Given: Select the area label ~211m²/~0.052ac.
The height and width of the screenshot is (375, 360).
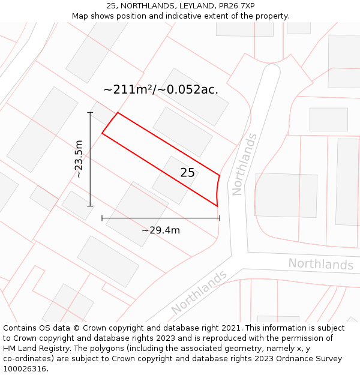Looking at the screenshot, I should point(161,90).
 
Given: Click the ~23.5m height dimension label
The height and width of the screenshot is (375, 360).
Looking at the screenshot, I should point(79,159).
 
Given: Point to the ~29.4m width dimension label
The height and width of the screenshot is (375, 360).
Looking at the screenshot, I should point(161,230).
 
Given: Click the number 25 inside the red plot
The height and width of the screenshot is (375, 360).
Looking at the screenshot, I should point(187,173).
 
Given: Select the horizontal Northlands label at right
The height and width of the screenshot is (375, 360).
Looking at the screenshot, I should point(320,264).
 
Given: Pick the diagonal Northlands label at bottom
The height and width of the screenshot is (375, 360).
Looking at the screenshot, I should point(199,292).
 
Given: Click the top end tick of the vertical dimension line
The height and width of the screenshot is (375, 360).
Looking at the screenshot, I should point(90,112).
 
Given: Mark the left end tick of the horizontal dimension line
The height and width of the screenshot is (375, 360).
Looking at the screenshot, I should point(102,218).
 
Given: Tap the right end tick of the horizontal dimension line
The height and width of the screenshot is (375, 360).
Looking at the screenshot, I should point(220,218).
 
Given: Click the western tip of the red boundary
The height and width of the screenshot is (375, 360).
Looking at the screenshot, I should point(102,133).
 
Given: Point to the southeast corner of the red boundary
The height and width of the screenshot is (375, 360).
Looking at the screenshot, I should point(217,206).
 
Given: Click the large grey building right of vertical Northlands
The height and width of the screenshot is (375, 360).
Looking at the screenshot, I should point(286,195).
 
